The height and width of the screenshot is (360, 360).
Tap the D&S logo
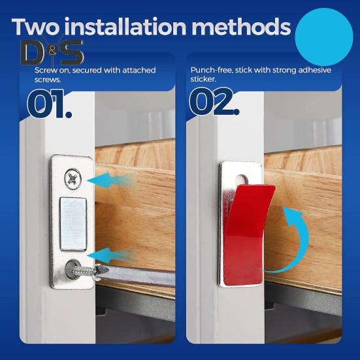pos(52,53)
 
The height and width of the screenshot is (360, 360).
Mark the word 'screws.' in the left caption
pos(46,78)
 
